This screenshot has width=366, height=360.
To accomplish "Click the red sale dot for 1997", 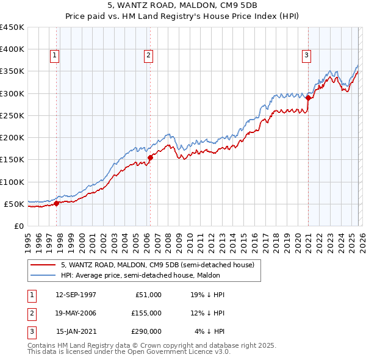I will pos(57,203).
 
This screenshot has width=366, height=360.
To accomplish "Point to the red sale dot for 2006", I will pos(150,157).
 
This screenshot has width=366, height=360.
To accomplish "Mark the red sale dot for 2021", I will pos(308,98).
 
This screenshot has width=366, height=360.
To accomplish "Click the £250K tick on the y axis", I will pos(12,115).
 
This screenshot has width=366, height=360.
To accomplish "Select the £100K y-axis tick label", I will pos(12,182).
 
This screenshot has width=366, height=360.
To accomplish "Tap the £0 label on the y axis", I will pos(18,226).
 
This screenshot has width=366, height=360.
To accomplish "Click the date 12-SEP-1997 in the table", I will pos(76,295).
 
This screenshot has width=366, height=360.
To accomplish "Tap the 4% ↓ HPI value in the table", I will pos(209,331).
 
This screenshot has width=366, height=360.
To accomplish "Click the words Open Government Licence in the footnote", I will pos(165,351).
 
